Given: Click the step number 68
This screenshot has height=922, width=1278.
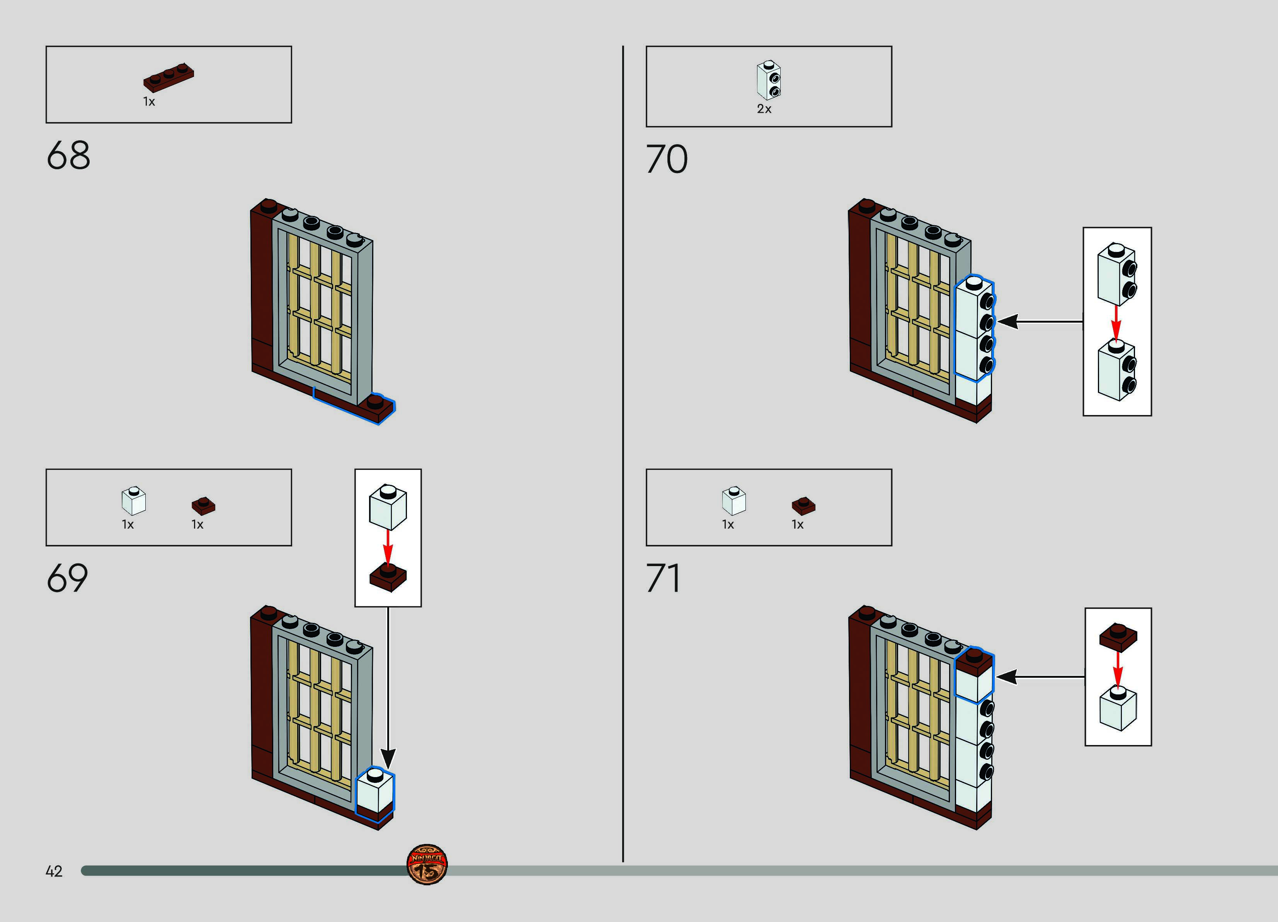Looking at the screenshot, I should [x=68, y=156].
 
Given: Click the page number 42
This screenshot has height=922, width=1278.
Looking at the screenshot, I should [x=54, y=871].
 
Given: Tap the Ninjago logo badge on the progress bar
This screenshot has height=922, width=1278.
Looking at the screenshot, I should [x=427, y=864].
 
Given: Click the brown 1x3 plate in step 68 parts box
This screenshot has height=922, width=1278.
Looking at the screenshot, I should [x=168, y=77].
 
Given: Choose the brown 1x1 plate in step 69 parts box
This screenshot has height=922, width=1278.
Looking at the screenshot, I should [x=203, y=505].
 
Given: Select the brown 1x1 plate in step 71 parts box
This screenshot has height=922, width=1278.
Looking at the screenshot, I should [x=803, y=505].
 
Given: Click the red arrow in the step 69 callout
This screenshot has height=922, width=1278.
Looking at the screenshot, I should [x=388, y=546].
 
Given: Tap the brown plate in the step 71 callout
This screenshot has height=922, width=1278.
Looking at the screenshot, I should [x=1118, y=637].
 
